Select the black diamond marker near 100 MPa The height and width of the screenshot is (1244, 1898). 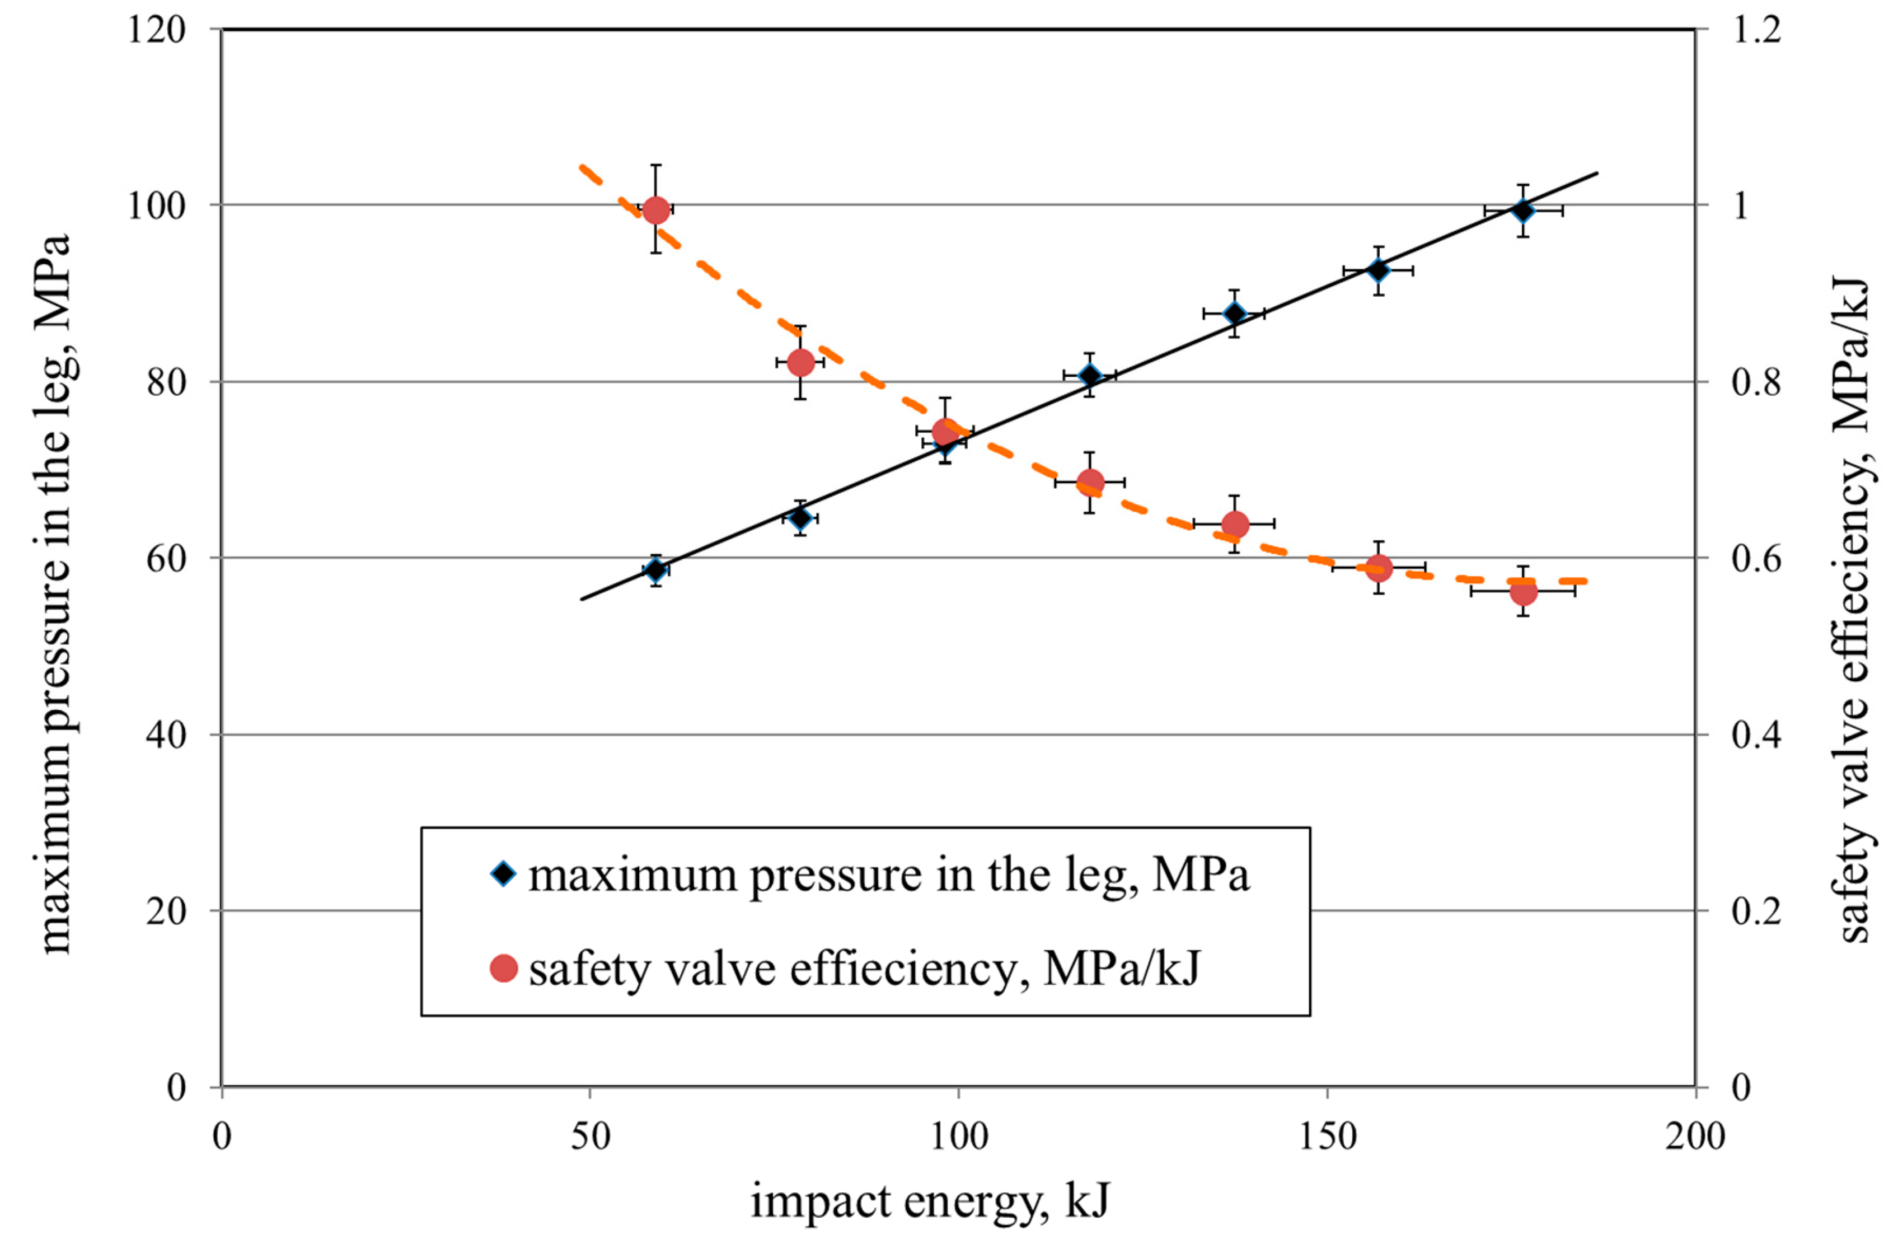tap(1522, 211)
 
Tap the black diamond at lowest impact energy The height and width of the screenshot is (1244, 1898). tap(655, 569)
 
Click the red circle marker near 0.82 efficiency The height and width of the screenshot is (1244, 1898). tap(800, 363)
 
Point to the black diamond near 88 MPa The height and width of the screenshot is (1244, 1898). tap(1235, 312)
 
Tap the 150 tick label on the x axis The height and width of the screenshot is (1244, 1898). tap(1328, 1137)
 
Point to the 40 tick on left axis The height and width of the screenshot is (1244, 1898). tap(166, 735)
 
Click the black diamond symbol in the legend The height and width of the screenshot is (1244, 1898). tap(503, 874)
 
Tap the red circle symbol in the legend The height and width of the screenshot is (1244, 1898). tap(503, 968)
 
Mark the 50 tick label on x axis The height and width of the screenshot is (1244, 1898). tap(590, 1137)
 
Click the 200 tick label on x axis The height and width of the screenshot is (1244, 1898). tap(1695, 1137)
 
